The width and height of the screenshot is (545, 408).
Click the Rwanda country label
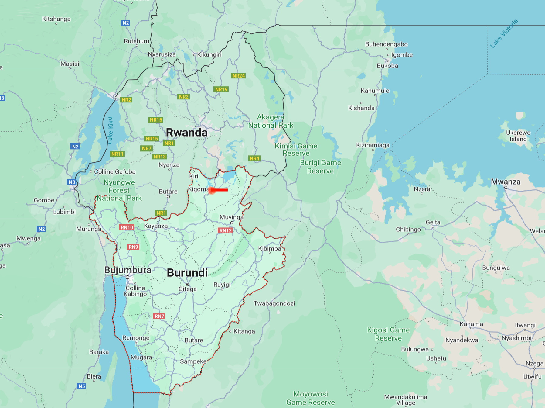186,133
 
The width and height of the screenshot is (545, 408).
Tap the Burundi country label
187,273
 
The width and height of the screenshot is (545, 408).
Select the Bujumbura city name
128,270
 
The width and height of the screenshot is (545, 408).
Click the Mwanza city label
506,182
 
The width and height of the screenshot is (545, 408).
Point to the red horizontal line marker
219,190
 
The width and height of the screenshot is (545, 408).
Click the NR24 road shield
238,76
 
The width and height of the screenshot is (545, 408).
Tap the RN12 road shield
225,230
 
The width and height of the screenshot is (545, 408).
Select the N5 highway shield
82,386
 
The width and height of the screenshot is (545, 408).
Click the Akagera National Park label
271,121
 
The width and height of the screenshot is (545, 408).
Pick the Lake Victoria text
504,34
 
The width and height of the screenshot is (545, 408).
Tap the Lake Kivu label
110,130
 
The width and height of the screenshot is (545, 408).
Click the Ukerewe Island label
518,136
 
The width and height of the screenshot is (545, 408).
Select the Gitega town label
187,289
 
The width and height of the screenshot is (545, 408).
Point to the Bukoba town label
387,66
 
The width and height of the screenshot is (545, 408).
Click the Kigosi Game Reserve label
388,334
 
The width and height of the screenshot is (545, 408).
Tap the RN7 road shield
159,316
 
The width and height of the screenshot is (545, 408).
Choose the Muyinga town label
231,217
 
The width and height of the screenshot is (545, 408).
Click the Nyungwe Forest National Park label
119,190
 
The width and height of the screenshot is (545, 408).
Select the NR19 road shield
221,89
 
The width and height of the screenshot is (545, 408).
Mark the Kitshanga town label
56,19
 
